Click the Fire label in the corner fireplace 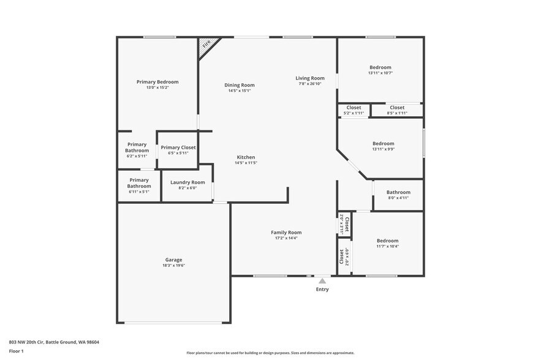click(x=206, y=44)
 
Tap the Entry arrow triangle click(x=322, y=280)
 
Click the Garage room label click(x=173, y=260)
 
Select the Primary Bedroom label click(x=157, y=82)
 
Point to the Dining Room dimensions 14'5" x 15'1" click(x=239, y=91)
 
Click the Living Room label click(x=310, y=78)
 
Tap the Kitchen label click(x=245, y=157)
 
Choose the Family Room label click(x=286, y=232)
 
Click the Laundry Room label click(x=187, y=182)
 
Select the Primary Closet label click(x=178, y=148)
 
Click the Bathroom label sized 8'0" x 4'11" click(x=398, y=192)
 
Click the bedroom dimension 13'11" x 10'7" click(x=380, y=73)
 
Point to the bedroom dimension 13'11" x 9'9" click(x=383, y=149)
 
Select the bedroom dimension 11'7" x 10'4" click(x=387, y=246)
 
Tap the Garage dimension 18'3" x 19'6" click(x=173, y=265)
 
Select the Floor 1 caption click(x=16, y=351)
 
